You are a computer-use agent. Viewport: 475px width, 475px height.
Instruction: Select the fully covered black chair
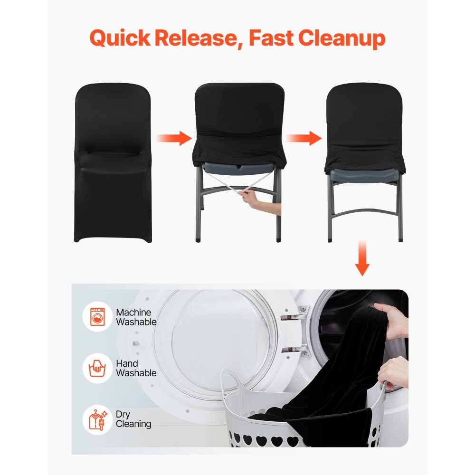click(x=113, y=161)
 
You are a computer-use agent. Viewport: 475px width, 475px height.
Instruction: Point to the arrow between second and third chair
click(x=304, y=138)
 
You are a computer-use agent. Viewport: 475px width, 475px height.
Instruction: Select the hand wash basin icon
click(x=97, y=368)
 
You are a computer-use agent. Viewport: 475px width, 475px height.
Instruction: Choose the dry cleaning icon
click(x=97, y=419)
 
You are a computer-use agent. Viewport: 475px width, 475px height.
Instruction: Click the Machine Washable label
click(x=136, y=317)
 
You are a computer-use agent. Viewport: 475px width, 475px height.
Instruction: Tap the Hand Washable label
click(x=136, y=368)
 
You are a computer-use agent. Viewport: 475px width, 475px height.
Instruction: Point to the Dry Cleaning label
click(x=133, y=419)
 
